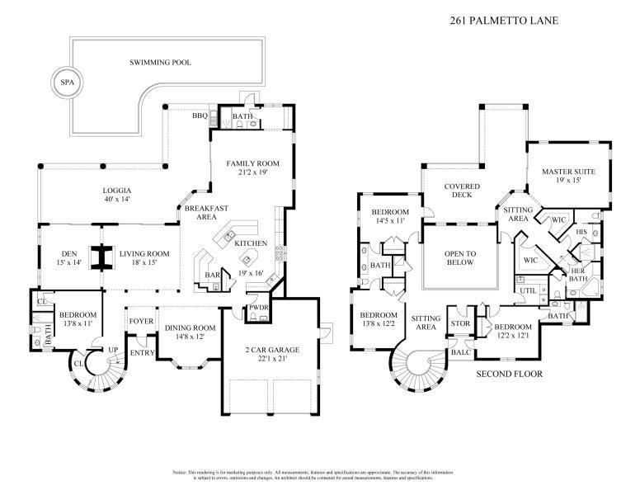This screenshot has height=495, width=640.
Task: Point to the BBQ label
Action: (199, 116)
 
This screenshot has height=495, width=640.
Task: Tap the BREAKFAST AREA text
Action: (205, 214)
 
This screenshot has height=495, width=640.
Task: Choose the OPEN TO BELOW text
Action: (462, 257)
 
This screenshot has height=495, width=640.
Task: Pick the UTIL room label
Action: (529, 291)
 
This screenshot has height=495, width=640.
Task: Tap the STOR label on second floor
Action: (459, 323)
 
